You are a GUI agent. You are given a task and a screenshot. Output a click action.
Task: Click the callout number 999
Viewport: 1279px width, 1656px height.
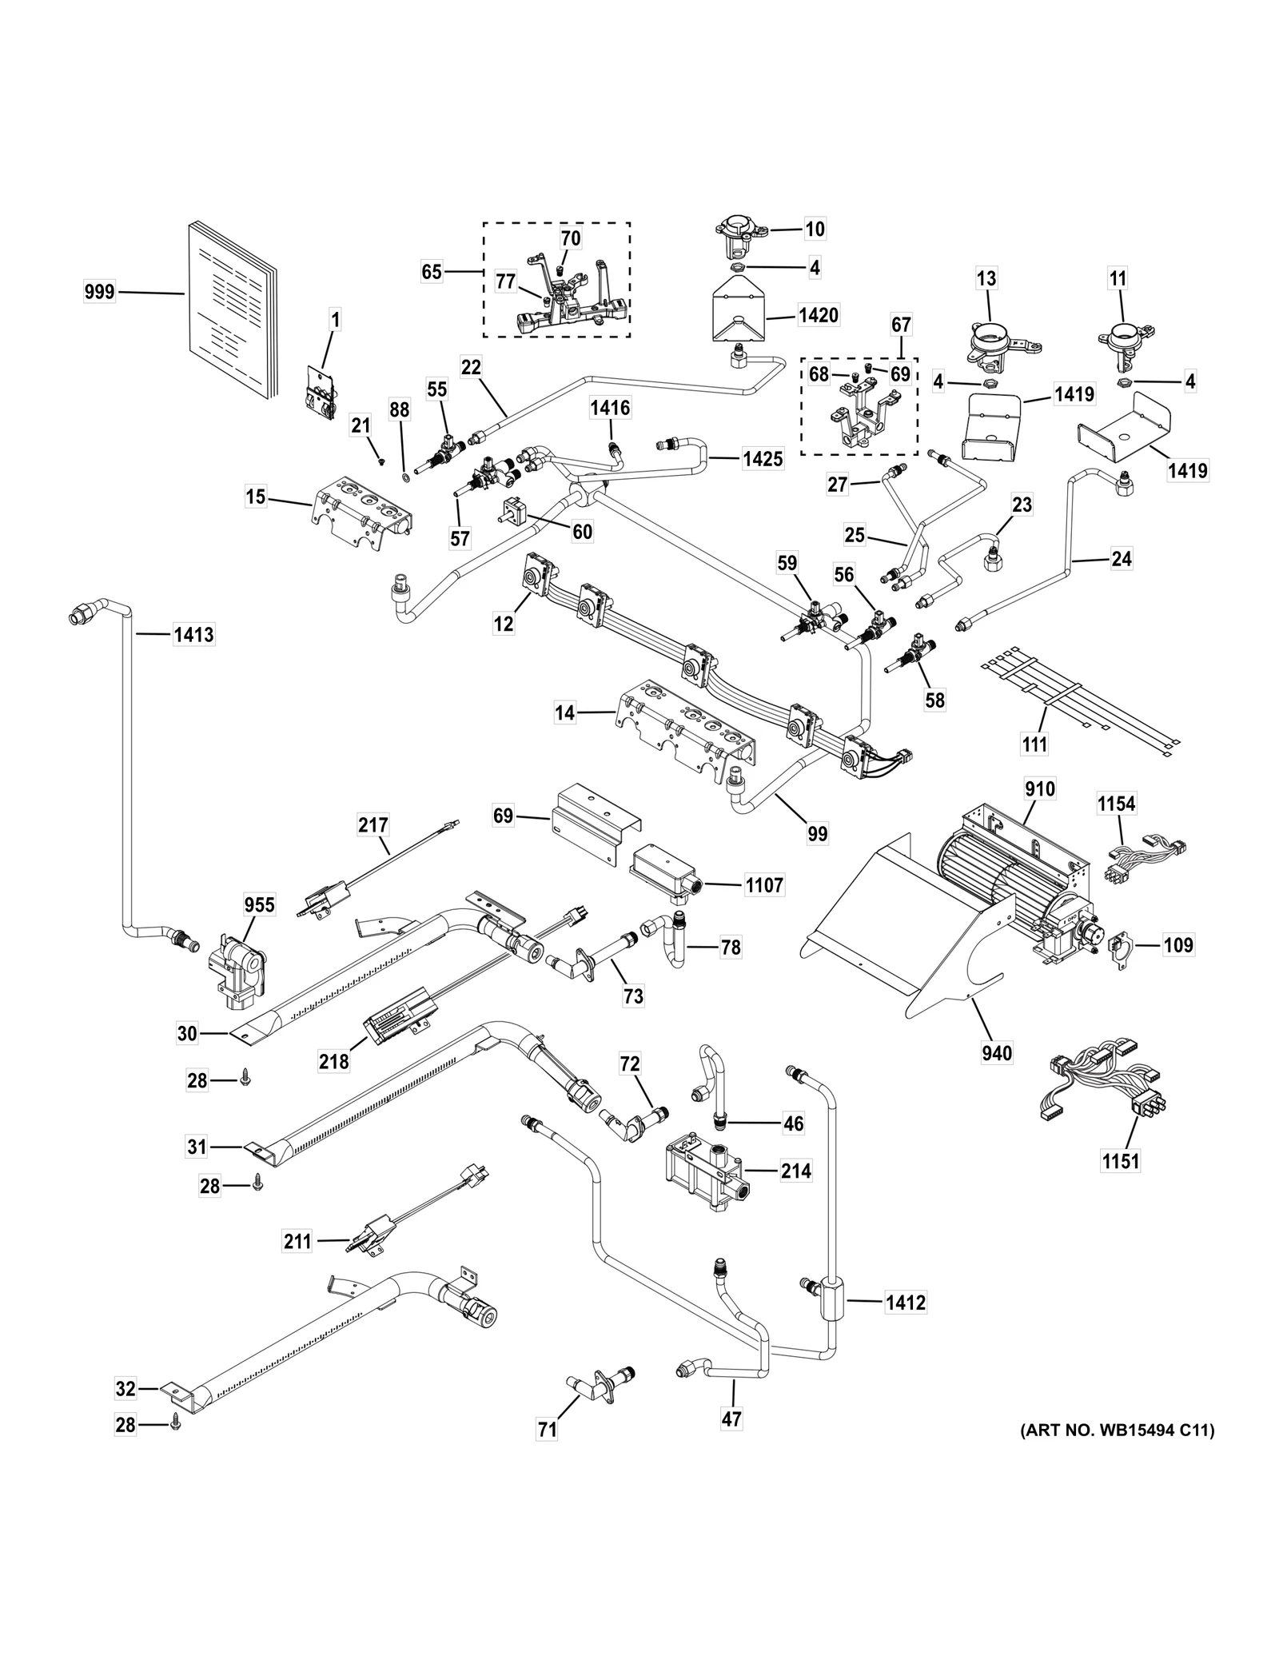click(99, 293)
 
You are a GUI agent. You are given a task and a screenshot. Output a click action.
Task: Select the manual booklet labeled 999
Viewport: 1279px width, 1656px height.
click(230, 312)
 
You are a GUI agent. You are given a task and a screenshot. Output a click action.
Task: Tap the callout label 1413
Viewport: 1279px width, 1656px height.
click(193, 635)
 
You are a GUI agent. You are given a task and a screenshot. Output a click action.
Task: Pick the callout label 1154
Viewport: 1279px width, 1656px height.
click(1116, 804)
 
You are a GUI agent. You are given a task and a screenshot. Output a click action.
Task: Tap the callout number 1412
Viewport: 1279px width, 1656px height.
click(905, 1303)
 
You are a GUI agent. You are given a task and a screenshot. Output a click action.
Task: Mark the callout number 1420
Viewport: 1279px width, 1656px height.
click(818, 315)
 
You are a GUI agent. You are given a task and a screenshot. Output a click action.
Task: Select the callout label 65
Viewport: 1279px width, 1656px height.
click(432, 272)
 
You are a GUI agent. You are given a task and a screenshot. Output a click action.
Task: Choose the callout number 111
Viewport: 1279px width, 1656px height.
click(1034, 744)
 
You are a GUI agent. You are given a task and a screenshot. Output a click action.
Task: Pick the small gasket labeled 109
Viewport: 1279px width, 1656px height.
click(1124, 946)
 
